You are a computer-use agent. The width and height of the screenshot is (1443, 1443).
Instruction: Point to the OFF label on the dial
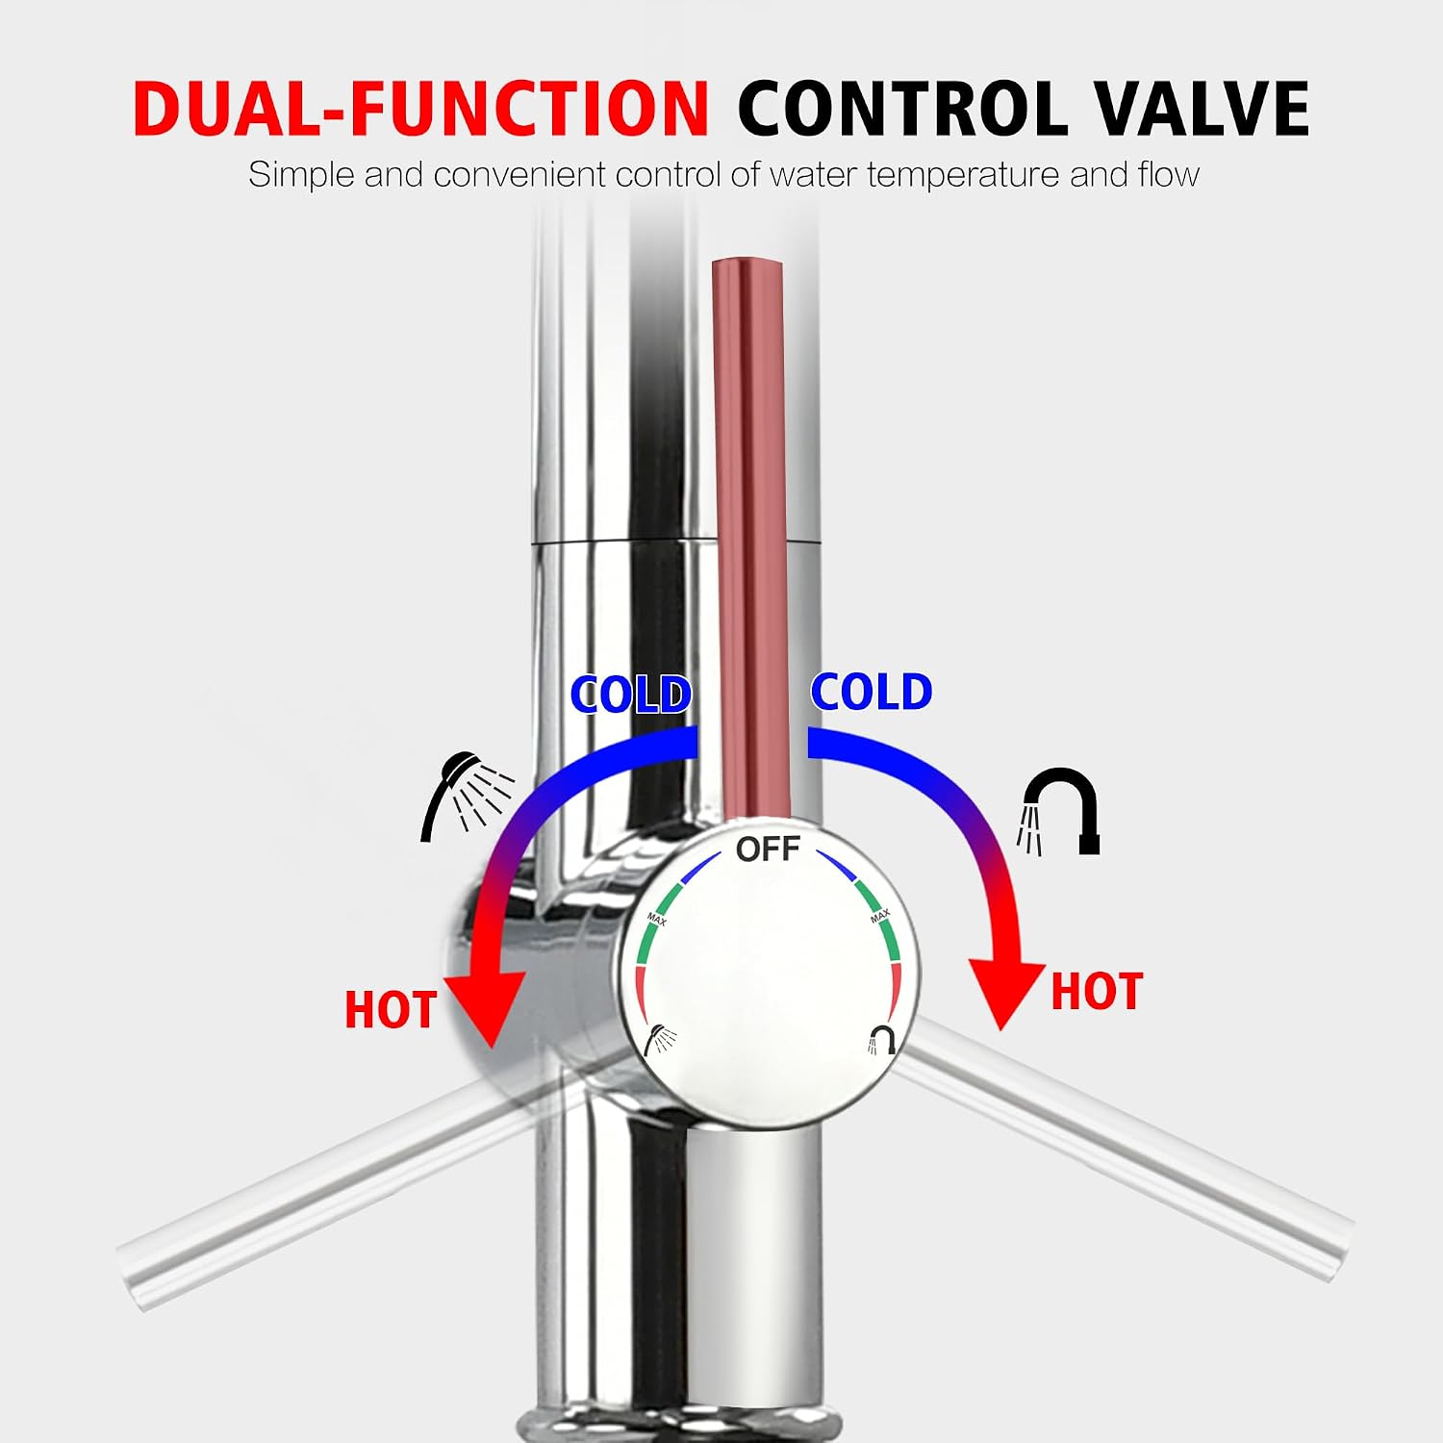[x=768, y=848]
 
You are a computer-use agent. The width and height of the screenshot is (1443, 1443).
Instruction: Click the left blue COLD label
[x=631, y=695]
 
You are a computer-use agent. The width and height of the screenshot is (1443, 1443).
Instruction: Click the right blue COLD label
[x=872, y=692]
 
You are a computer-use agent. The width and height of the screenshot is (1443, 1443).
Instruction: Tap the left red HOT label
[x=391, y=1010]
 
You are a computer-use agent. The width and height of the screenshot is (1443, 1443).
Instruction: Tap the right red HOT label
[x=1097, y=992]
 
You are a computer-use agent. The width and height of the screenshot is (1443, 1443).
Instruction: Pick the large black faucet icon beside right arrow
[x=1059, y=812]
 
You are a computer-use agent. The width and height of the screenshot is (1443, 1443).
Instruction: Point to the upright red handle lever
[x=749, y=539]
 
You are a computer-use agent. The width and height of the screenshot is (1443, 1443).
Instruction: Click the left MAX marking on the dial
[x=656, y=919]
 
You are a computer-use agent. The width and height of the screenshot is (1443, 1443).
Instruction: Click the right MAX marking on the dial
[x=880, y=916]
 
